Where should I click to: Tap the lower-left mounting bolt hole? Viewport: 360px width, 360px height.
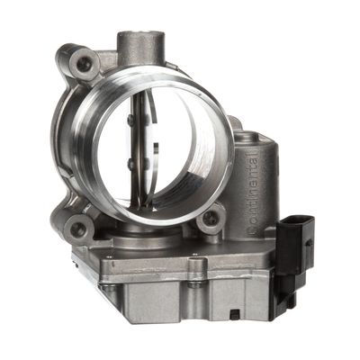(79, 230)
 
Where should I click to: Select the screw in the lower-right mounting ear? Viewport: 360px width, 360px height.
(211, 219)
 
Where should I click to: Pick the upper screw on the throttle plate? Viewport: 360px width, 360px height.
(131, 120)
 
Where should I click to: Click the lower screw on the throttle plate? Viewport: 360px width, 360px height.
(132, 165)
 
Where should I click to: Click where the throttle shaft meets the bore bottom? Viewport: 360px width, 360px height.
(144, 205)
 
